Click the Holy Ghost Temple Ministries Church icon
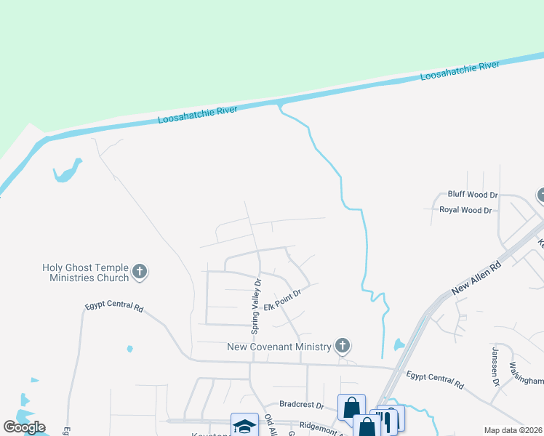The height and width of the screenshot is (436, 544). [x=140, y=272]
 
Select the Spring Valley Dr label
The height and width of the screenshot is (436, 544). [x=256, y=305]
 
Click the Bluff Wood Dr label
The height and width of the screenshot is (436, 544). [x=472, y=195]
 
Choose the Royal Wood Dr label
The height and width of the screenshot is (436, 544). [x=465, y=210]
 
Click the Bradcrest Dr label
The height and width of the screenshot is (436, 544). [x=301, y=404]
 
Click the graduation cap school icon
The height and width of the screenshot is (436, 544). [x=244, y=426]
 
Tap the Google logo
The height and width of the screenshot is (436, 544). [x=24, y=427]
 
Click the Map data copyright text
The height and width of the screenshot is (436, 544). [x=513, y=430]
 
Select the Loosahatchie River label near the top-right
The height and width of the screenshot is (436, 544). [x=460, y=71]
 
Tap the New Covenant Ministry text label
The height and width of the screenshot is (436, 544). [x=279, y=347]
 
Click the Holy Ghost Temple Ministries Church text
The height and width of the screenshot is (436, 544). [x=85, y=272]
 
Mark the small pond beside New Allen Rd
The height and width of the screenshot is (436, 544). [x=399, y=344]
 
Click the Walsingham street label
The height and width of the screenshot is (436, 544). [x=526, y=372]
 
